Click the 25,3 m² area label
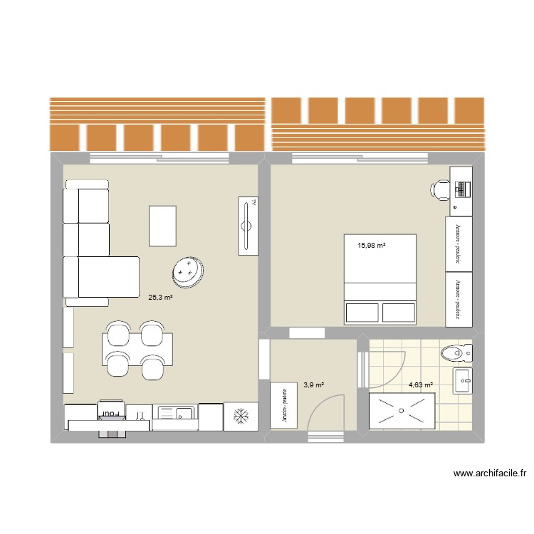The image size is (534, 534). pyautogui.click(x=160, y=298)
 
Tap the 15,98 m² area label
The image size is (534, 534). pyautogui.click(x=372, y=246)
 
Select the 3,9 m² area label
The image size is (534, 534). pyautogui.click(x=314, y=385)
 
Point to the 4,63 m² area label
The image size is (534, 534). pyautogui.click(x=420, y=387)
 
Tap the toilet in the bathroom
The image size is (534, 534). pyautogui.click(x=455, y=352)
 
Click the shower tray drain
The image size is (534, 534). pyautogui.click(x=403, y=411)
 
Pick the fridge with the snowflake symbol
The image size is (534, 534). pyautogui.click(x=242, y=416)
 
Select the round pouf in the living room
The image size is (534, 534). pyautogui.click(x=188, y=271)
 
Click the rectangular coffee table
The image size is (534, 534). pyautogui.click(x=162, y=226)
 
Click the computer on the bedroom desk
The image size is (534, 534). pyautogui.click(x=461, y=189)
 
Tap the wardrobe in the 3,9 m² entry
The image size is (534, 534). pyautogui.click(x=283, y=407)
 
